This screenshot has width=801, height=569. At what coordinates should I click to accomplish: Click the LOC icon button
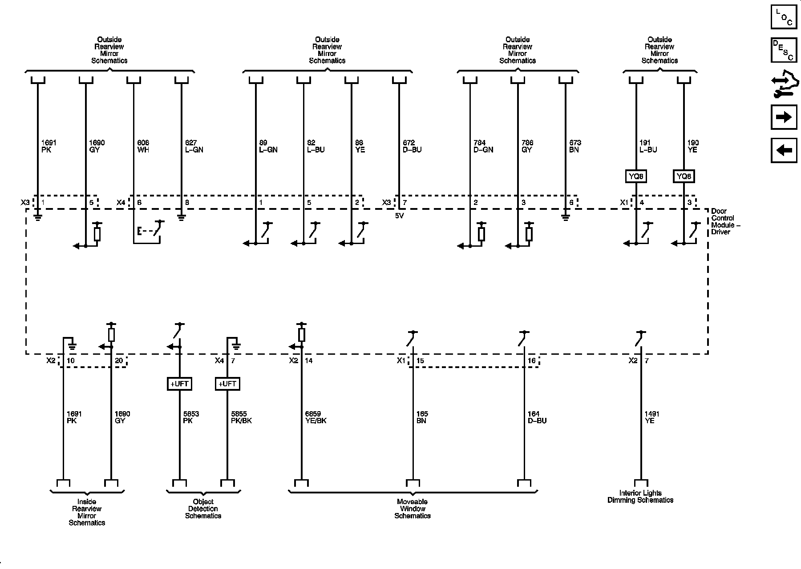[784, 16]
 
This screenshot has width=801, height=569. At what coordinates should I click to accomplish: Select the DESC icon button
[784, 50]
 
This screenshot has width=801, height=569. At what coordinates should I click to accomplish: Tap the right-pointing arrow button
[784, 117]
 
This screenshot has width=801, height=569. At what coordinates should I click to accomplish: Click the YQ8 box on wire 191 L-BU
[636, 176]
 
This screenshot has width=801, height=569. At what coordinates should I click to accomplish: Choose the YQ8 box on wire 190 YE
[684, 176]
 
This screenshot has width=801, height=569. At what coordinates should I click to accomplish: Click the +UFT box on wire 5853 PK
[179, 384]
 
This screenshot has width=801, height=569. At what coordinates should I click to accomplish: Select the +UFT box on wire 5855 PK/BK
[227, 384]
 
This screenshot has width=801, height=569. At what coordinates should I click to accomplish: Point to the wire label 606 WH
[143, 146]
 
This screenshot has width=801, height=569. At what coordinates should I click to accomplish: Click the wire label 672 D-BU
[412, 146]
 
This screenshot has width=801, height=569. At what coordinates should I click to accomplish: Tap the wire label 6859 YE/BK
[316, 417]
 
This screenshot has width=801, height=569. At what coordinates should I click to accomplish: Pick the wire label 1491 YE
[652, 417]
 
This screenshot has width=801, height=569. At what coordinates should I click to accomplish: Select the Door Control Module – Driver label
[725, 221]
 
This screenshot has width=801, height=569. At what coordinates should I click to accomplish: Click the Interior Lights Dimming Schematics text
[640, 497]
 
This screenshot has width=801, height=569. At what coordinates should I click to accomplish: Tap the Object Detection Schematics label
[203, 509]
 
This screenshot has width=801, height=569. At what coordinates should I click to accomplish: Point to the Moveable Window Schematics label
[413, 509]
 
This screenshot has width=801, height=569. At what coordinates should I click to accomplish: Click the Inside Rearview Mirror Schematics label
[87, 512]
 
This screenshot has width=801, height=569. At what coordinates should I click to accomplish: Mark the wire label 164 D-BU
[537, 417]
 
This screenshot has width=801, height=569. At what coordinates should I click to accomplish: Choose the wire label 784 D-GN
[483, 146]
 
